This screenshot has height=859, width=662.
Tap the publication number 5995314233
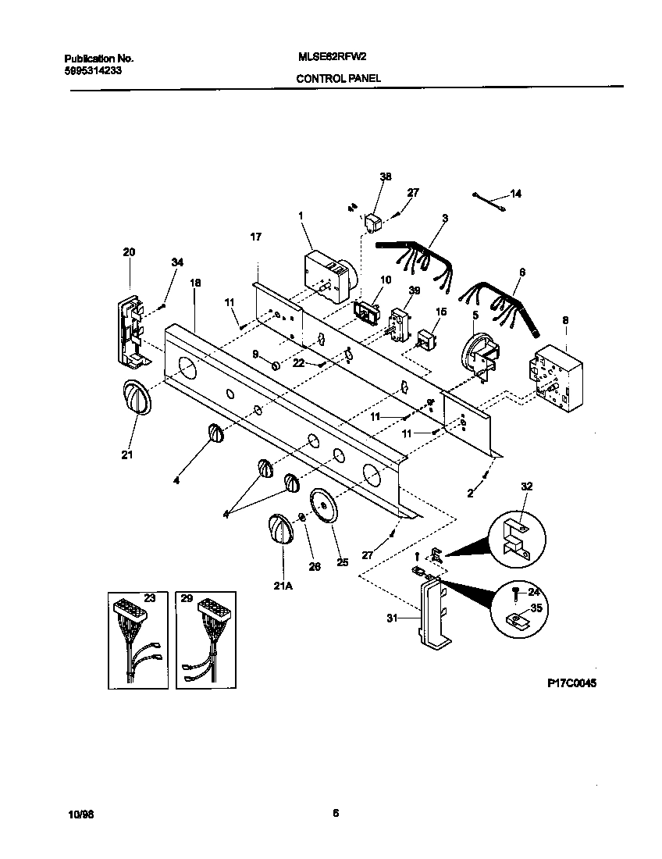click(x=91, y=70)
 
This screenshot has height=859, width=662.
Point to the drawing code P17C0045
click(x=571, y=682)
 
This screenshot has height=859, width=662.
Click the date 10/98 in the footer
click(x=80, y=814)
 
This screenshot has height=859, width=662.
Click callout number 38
click(x=385, y=177)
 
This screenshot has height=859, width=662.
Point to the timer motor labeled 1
click(x=329, y=275)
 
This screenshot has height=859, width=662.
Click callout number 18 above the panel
click(x=195, y=284)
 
